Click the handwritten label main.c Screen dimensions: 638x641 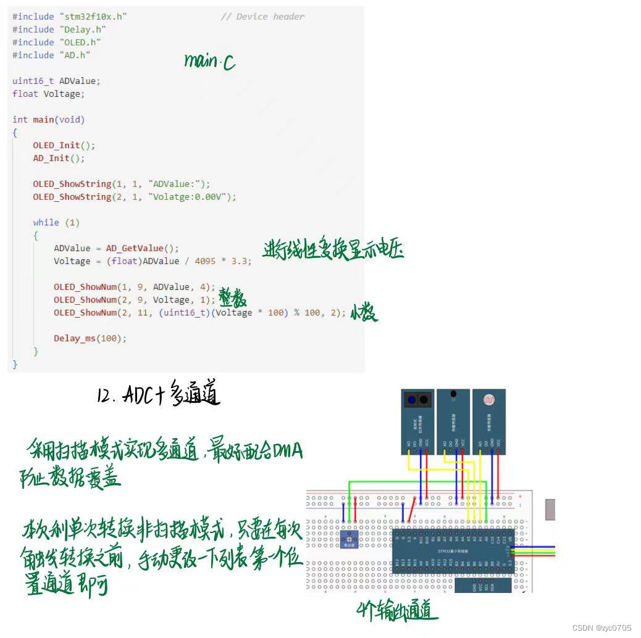coord(209,62)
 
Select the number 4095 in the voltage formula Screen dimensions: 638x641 coord(205,261)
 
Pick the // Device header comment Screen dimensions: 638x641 coord(262,17)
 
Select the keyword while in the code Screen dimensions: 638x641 coord(46,222)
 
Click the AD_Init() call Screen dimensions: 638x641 coord(59,158)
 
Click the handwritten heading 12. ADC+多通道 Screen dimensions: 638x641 coord(158,394)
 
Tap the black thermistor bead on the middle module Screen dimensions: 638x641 coord(454,393)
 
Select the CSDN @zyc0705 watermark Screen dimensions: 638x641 coord(601,628)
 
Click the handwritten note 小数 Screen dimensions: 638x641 coord(364,313)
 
